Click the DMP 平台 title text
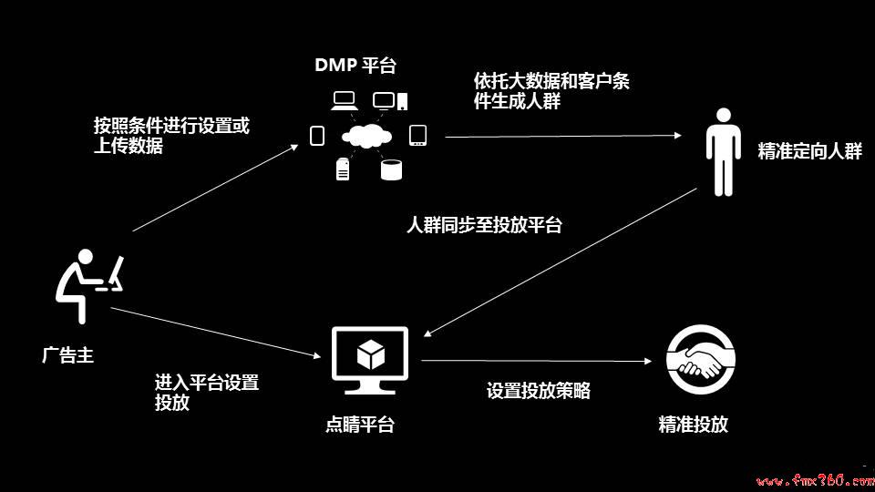355,65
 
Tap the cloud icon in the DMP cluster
366,136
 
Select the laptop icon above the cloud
345,101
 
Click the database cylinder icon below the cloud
391,170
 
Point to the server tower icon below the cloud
343,169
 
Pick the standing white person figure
723,152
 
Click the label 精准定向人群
809,151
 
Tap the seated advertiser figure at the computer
89,286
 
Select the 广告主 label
67,355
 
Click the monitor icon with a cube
369,361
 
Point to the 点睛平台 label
360,425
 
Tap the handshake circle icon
700,360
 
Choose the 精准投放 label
693,425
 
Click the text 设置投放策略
539,391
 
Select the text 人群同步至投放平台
484,225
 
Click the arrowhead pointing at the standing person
678,135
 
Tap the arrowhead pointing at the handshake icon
648,362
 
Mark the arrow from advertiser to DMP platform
215,188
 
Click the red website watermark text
815,480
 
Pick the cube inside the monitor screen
371,354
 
